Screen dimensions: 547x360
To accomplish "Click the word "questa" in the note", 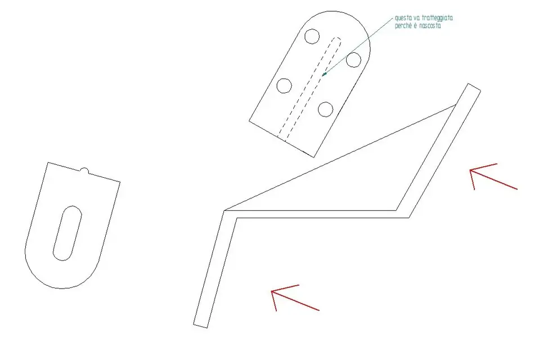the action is pos(402,18).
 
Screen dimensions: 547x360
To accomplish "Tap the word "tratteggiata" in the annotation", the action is pos(437,18).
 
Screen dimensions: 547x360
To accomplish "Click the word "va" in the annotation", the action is pos(415,19).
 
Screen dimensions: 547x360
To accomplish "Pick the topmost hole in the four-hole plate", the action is pos(312,36).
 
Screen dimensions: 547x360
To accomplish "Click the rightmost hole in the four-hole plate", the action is pos(353,60).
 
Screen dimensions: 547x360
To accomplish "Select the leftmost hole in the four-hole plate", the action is pos(284,85).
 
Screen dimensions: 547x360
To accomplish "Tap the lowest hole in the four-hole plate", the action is pos(325,109).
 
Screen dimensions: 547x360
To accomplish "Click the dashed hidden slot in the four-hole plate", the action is pos(310,89).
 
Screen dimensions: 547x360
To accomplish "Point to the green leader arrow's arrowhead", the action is pos(324,74).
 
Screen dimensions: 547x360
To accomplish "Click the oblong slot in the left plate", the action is pos(68,233).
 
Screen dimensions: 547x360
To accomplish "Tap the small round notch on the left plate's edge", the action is pos(84,171).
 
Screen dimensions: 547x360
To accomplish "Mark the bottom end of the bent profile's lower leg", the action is pos(200,326).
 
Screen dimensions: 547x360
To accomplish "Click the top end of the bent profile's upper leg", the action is pos(474,87).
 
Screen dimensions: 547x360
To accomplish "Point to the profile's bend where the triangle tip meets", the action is pos(225,211).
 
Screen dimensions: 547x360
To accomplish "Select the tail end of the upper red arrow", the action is pos(517,189).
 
